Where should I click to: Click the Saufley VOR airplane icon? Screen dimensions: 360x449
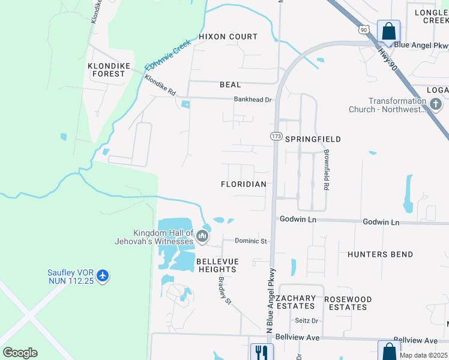[103, 275]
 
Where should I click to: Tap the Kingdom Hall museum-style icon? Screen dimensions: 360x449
[203, 237]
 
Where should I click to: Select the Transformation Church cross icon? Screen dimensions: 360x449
[436, 105]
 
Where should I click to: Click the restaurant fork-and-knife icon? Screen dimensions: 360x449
[261, 352]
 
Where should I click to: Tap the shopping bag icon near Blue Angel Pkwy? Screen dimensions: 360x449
[388, 31]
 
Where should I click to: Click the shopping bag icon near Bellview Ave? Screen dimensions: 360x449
[388, 351]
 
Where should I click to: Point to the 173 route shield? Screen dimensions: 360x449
[276, 137]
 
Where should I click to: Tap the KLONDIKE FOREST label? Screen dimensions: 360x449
[106, 70]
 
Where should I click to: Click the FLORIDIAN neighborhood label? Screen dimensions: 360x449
[243, 184]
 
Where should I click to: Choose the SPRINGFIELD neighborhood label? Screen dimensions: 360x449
[313, 139]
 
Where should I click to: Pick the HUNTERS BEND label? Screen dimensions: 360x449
[380, 254]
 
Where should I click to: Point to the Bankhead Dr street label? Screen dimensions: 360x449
[253, 100]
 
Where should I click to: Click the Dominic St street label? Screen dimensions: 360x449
[250, 241]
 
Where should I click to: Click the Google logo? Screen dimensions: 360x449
[20, 353]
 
